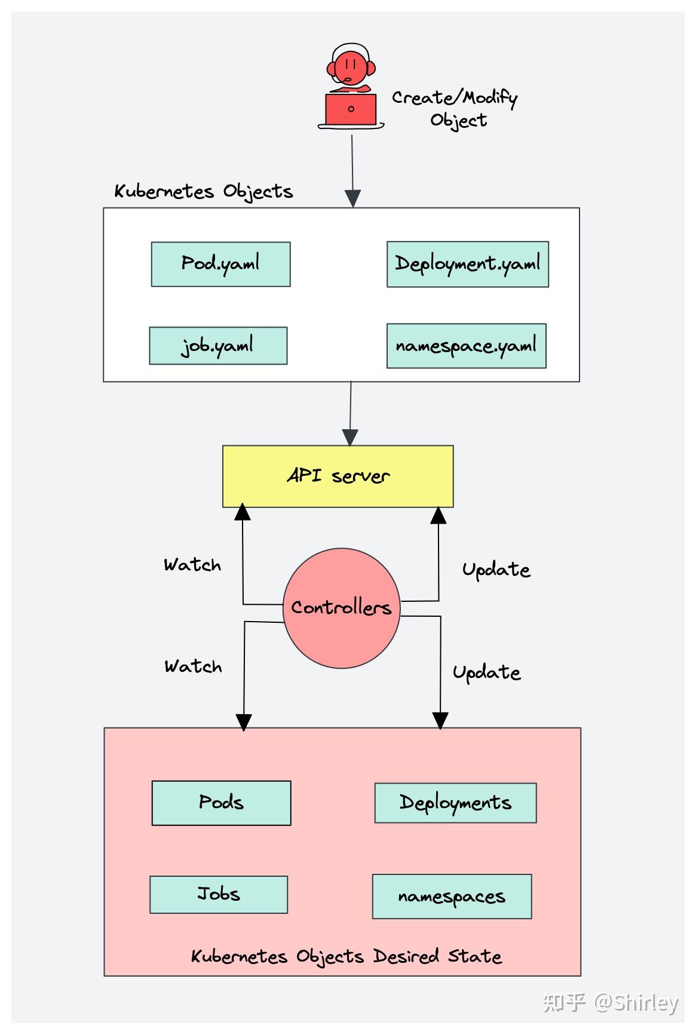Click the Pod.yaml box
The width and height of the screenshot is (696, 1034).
point(220,264)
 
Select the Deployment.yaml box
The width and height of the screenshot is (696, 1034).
point(467,264)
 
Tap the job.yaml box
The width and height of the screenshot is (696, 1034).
point(218,345)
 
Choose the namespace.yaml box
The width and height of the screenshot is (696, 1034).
point(466,346)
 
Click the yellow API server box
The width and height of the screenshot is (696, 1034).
point(338,476)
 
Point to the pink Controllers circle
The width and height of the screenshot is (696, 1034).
point(341,608)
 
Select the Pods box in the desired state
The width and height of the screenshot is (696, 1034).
point(221,803)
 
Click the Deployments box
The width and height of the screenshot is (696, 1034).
point(455,803)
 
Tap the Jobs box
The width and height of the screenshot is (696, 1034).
point(219,895)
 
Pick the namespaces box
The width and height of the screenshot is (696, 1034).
point(452,897)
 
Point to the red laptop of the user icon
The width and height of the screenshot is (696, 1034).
point(351,109)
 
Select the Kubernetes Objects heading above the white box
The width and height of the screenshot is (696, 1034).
point(203,192)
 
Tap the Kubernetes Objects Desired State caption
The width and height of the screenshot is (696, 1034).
point(346,956)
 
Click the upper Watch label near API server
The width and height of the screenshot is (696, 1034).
point(192,565)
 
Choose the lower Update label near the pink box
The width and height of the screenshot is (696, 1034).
point(486,673)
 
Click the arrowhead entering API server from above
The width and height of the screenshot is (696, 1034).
point(350,438)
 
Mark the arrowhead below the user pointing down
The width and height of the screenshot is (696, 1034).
point(353,198)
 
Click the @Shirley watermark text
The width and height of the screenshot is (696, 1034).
point(636,1002)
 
